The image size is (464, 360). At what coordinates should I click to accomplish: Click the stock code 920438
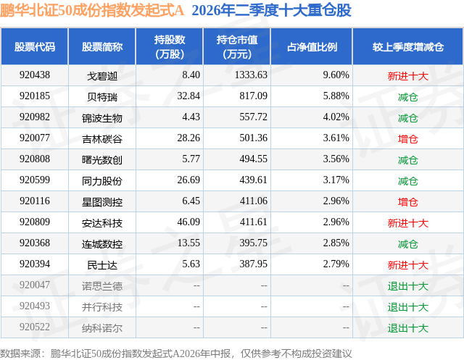35,75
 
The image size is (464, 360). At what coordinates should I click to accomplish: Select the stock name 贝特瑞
102,97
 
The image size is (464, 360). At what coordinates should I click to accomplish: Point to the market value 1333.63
251,75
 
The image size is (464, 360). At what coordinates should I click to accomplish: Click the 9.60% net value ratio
336,75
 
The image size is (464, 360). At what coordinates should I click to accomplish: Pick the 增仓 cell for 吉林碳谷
407,139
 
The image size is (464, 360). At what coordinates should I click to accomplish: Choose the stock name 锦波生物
102,118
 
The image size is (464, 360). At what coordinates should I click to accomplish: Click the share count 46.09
188,222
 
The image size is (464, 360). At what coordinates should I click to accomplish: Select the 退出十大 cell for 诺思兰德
407,286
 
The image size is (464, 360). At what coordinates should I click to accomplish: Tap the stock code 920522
35,327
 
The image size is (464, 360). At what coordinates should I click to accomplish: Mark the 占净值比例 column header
312,47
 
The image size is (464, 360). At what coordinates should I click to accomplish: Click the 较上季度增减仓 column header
408,47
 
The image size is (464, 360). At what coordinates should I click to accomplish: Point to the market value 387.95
253,264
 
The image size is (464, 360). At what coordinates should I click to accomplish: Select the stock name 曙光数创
102,160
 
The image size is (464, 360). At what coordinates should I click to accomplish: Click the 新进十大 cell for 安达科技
407,223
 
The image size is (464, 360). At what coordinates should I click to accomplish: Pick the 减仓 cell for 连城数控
407,244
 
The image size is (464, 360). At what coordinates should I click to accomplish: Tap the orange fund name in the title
92,11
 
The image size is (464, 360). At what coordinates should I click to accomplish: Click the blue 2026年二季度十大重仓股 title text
272,11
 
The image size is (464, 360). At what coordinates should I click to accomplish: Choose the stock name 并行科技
102,307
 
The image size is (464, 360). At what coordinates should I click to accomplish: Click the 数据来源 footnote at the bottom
175,353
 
